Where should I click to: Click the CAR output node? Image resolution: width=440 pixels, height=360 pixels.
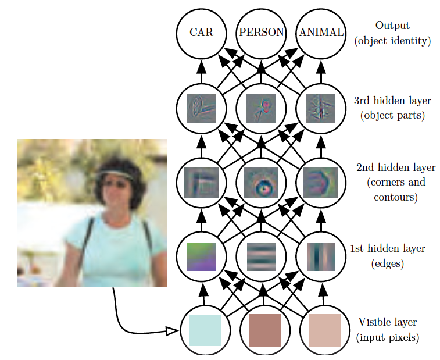pyautogui.click(x=202, y=33)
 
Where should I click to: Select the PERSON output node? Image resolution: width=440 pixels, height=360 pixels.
pyautogui.click(x=261, y=33)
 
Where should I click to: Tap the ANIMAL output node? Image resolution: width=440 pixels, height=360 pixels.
pyautogui.click(x=321, y=33)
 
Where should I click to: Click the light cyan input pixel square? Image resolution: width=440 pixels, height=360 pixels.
pyautogui.click(x=205, y=330)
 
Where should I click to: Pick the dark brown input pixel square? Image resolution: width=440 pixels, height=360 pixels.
pyautogui.click(x=264, y=330)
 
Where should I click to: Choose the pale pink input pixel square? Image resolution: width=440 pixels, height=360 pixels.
pyautogui.click(x=324, y=330)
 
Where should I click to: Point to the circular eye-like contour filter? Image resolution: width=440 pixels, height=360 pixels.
pyautogui.click(x=261, y=182)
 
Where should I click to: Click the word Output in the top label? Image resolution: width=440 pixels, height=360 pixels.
pyautogui.click(x=392, y=26)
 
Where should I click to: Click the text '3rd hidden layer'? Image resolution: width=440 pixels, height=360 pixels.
pyautogui.click(x=392, y=100)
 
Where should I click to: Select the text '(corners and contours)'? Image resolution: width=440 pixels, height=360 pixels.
pyautogui.click(x=396, y=190)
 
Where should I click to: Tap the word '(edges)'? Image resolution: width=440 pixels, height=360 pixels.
pyautogui.click(x=387, y=264)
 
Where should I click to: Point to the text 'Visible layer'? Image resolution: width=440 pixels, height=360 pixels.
pyautogui.click(x=387, y=322)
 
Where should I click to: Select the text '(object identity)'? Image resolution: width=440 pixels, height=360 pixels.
pyautogui.click(x=392, y=41)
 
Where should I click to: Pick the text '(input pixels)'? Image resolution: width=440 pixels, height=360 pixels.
pyautogui.click(x=387, y=337)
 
